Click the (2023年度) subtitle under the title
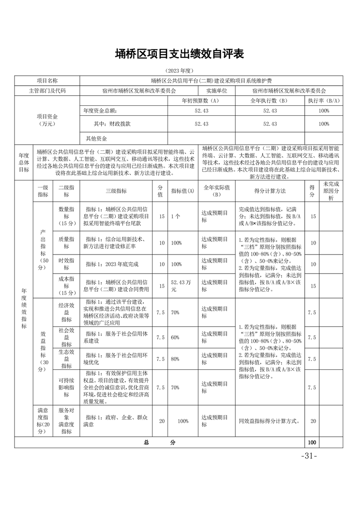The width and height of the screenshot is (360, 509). tap(180, 71)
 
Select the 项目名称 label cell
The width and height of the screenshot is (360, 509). tap(47, 81)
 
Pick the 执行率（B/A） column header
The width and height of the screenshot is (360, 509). tap(324, 101)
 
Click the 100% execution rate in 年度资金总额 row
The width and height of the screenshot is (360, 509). tap(324, 111)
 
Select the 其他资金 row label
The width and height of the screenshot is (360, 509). tap(96, 138)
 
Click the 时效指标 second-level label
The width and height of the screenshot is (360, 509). tap(67, 264)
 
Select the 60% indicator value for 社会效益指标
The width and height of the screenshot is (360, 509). tap(175, 337)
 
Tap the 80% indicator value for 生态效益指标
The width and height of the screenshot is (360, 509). tap(175, 359)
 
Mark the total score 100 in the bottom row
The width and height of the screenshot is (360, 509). tap(311, 442)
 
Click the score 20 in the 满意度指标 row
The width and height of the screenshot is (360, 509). tap(313, 421)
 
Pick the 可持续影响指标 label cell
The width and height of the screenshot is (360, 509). tap(67, 387)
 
